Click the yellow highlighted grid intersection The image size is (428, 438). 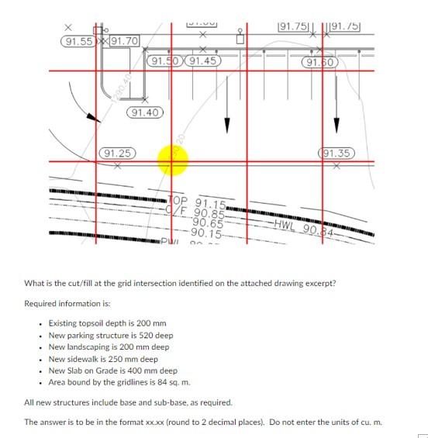click(x=172, y=160)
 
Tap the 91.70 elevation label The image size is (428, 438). click(x=124, y=40)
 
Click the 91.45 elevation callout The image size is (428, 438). click(x=202, y=60)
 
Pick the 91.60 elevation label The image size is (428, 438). click(x=319, y=62)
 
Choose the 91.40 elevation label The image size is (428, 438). click(x=145, y=113)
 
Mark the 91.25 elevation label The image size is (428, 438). click(x=116, y=153)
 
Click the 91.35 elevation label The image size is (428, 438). click(x=335, y=153)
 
